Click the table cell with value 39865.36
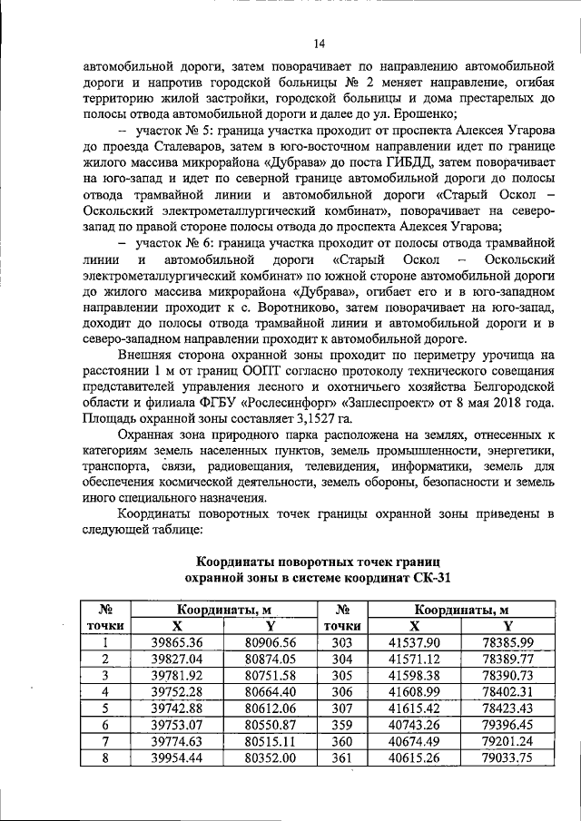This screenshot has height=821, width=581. pos(176,642)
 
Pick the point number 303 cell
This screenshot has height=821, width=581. pos(341,642)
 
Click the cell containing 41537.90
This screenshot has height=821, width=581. pos(417,642)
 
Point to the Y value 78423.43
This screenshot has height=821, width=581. pos(507,708)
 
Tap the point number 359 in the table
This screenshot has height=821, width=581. pos(341,724)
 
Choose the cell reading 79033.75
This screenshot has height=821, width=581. pos(507,757)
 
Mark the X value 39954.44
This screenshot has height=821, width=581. pos(176,757)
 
